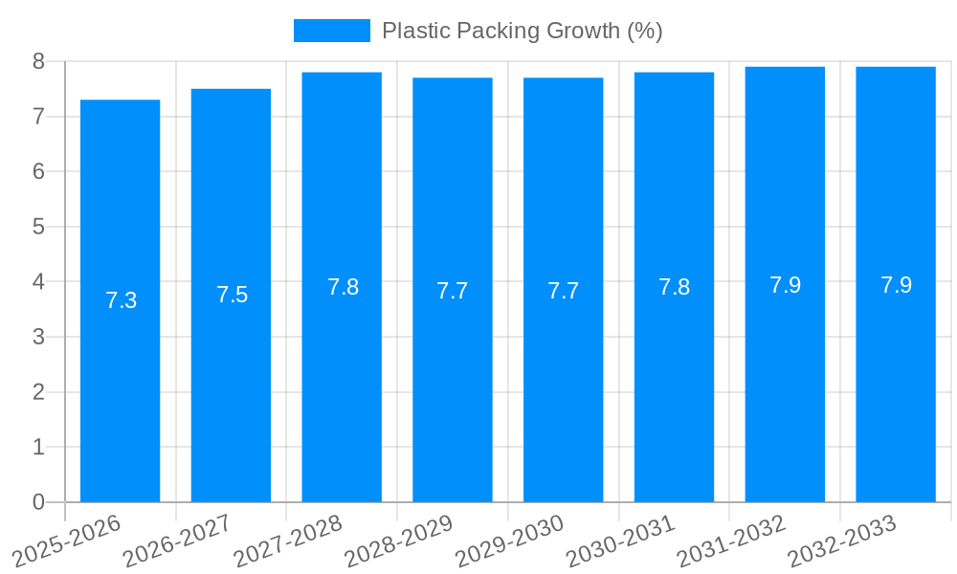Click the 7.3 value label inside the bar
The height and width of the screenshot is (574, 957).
[121, 300]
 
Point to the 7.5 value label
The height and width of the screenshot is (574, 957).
[232, 295]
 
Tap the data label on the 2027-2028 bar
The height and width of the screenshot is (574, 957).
[343, 287]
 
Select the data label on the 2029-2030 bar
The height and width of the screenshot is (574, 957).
[563, 291]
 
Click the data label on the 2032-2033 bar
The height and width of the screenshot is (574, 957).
[896, 285]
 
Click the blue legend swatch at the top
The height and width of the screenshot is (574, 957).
[331, 31]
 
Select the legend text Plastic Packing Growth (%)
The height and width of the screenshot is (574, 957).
[522, 31]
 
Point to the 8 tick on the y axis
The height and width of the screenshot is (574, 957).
[38, 61]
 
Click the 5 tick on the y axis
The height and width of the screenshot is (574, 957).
[38, 227]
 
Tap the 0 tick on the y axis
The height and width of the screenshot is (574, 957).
[38, 502]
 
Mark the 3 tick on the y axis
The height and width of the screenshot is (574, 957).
[38, 337]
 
